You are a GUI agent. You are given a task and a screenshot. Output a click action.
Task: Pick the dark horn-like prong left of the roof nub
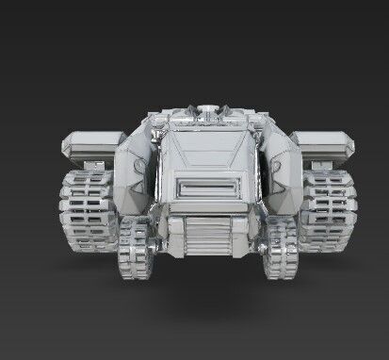(x=186, y=112)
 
